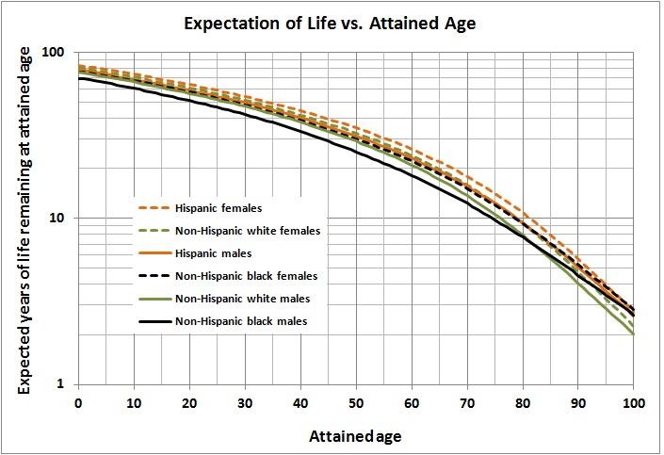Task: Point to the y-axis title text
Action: (26, 219)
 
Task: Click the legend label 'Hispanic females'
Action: (218, 207)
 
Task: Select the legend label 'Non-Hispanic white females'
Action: (245, 231)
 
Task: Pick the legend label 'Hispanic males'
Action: (212, 253)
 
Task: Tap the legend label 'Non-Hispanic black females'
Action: (245, 276)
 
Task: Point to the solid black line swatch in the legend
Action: (153, 322)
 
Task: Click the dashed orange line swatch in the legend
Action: (153, 207)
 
